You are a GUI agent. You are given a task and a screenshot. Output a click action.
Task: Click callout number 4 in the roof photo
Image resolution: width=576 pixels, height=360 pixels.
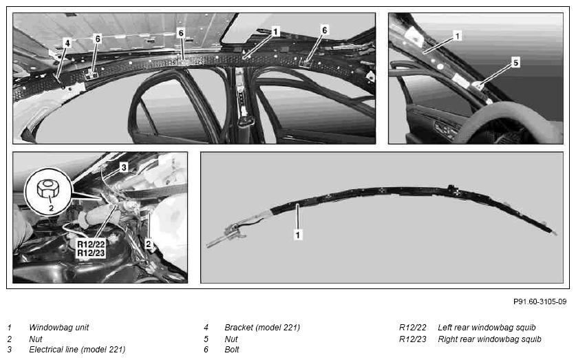pos(67,43)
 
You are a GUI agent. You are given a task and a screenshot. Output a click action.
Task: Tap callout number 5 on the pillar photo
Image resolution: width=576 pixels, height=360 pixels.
pos(515,63)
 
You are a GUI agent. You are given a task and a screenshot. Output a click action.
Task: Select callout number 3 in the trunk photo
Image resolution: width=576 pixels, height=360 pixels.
pos(124,167)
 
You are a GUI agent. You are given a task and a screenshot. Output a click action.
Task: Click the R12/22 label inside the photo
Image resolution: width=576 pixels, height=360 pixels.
pos(91,244)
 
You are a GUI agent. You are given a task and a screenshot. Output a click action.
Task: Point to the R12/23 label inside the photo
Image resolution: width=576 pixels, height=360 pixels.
pos(91,253)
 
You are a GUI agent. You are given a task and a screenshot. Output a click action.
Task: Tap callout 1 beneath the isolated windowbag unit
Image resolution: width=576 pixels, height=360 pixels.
pos(297,235)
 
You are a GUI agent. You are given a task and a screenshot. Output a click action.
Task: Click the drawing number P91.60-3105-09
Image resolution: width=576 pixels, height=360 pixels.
pos(540,301)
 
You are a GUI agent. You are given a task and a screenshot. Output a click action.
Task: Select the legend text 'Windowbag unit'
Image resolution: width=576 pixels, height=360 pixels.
pos(58,328)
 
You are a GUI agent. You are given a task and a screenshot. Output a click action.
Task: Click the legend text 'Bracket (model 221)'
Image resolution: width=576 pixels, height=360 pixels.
pos(262,328)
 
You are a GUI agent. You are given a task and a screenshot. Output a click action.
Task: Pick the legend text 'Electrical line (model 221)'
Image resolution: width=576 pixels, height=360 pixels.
pos(77,350)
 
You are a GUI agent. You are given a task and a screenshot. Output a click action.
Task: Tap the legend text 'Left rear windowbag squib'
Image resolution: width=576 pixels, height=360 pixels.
pos(487,328)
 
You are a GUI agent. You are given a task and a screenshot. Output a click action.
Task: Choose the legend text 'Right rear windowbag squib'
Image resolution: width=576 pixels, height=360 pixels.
pos(489,339)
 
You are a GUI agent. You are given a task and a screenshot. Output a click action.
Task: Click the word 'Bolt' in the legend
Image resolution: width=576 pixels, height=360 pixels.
pos(232,350)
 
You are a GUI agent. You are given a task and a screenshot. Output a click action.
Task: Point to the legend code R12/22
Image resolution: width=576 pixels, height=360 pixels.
pos(412,328)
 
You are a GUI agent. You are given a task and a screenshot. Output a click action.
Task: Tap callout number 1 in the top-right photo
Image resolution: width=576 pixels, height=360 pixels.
pos(457,36)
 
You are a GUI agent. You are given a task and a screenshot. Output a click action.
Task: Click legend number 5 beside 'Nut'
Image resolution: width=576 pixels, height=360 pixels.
pos(206,339)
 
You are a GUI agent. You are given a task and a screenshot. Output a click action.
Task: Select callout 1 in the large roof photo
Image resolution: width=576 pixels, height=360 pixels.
pos(275,32)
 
